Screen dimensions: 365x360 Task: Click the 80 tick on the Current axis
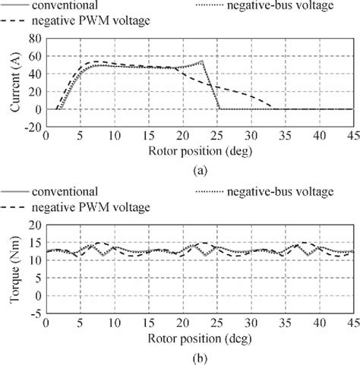coord(35,37)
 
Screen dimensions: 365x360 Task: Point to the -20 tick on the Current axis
coord(33,127)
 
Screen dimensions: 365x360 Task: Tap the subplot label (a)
coord(197,171)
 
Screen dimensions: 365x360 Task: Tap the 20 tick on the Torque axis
coord(35,225)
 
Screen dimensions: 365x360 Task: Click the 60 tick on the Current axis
coord(35,55)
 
